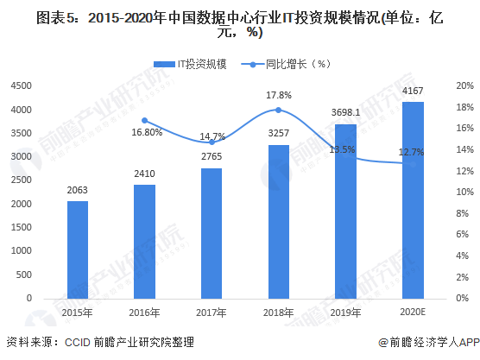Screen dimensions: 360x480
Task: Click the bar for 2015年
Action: [78, 249]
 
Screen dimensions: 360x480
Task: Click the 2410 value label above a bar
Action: [144, 174]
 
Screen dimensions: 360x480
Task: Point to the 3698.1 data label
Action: [344, 113]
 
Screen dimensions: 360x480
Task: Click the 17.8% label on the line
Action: [278, 95]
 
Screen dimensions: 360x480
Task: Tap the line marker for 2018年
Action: [278, 110]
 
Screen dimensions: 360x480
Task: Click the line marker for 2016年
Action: [144, 120]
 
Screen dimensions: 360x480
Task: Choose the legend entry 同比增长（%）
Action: [292, 64]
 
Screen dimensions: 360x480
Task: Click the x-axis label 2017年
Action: [212, 313]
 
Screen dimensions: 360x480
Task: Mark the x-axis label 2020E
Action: [413, 313]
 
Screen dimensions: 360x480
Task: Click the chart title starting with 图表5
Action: [240, 23]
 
